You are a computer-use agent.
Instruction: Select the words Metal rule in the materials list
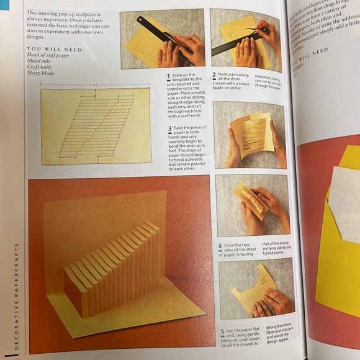coord(39,60)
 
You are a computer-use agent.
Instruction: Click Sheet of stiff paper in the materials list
coord(48,55)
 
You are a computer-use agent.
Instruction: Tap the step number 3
coord(168,128)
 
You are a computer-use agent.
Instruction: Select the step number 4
coord(219,245)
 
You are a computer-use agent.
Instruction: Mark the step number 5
coord(221,332)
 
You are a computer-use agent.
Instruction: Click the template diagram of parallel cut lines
coord(96,125)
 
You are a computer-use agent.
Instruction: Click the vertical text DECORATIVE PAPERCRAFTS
coord(16,298)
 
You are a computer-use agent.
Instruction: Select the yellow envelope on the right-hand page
coord(338,248)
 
